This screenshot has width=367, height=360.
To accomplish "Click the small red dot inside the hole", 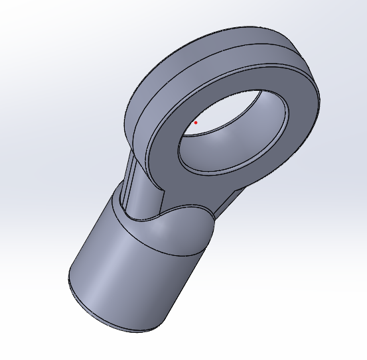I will pos(196,123).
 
